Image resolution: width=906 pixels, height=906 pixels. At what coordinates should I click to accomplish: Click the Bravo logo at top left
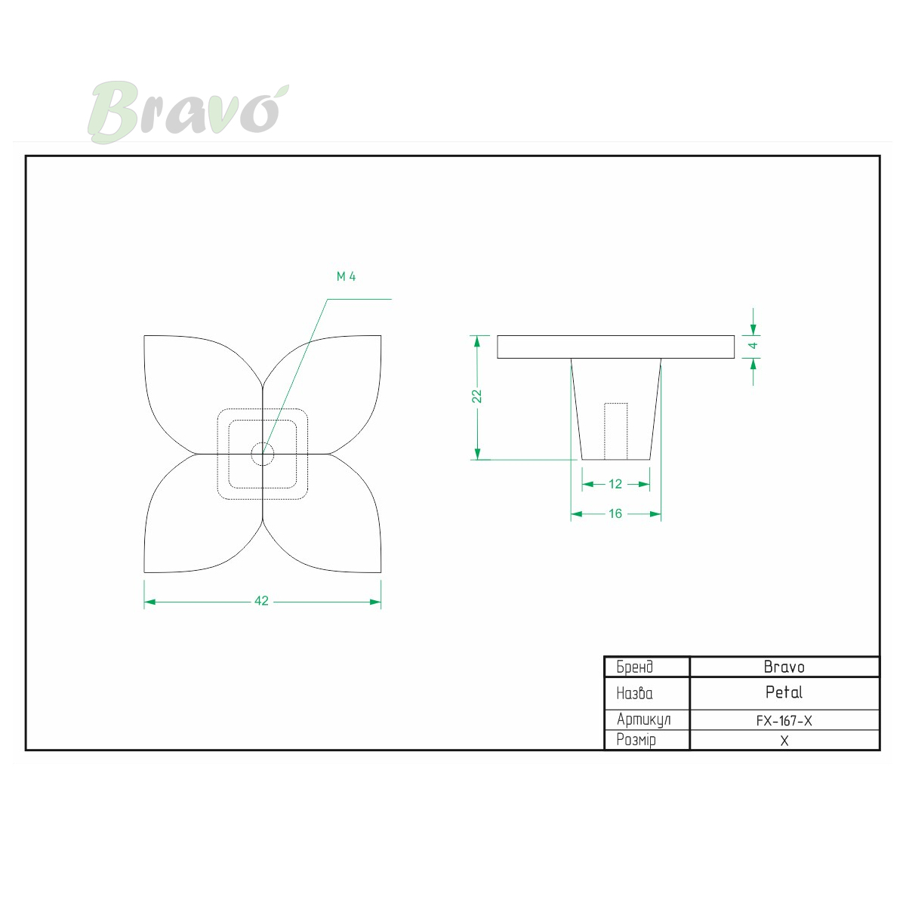click(188, 112)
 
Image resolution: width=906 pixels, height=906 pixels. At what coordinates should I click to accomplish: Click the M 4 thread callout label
click(346, 276)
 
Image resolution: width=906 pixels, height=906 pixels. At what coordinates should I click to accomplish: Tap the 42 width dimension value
click(261, 601)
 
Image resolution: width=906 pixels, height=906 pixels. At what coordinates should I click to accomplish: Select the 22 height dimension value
click(476, 396)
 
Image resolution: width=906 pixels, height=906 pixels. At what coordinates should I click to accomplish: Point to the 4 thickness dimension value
click(753, 346)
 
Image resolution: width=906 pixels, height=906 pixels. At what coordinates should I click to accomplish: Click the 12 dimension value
click(615, 484)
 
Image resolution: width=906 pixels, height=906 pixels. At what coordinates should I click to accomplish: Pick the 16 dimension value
click(615, 513)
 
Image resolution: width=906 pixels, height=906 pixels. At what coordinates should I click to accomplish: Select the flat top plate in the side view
click(615, 347)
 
